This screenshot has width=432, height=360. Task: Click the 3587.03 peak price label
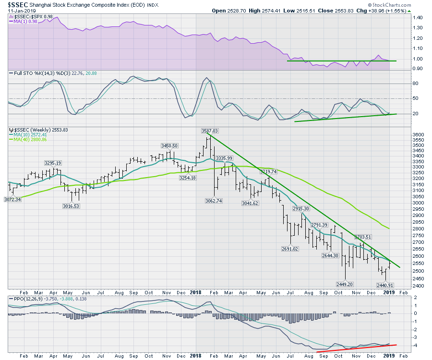[x=210, y=131]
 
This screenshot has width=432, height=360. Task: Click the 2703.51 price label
[x=363, y=237]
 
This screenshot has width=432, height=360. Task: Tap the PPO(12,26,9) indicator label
[x=28, y=298]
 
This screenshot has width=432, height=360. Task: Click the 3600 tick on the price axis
[x=419, y=135]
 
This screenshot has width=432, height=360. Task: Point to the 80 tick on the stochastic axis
[x=416, y=84]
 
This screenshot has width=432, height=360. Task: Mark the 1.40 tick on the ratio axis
[x=418, y=17]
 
